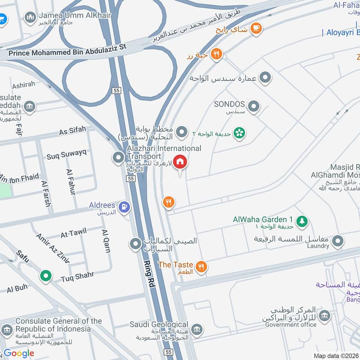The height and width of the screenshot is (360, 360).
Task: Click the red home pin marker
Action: pyautogui.click(x=180, y=162)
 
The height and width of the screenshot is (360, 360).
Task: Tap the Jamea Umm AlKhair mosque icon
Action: pyautogui.click(x=31, y=18)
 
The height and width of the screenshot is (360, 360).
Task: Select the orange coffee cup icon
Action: pyautogui.click(x=256, y=28)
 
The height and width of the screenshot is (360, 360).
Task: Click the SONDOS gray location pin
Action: pyautogui.click(x=254, y=107)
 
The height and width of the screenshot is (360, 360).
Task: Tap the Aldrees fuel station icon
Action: pyautogui.click(x=125, y=207)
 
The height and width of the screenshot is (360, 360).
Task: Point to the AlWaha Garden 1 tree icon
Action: pyautogui.click(x=302, y=220)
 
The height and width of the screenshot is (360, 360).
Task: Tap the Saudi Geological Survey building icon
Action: pyautogui.click(x=196, y=329)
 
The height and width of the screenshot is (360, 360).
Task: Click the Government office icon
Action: pyautogui.click(x=324, y=316)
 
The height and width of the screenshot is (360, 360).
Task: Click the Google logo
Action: pyautogui.click(x=19, y=353)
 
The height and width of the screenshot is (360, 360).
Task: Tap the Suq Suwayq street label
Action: pyautogui.click(x=66, y=156)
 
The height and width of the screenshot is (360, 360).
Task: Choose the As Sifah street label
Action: pyautogui.click(x=72, y=131)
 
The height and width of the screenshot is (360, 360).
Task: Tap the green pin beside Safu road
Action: pyautogui.click(x=45, y=275)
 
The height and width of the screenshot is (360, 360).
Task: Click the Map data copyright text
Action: pyautogui.click(x=336, y=355)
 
